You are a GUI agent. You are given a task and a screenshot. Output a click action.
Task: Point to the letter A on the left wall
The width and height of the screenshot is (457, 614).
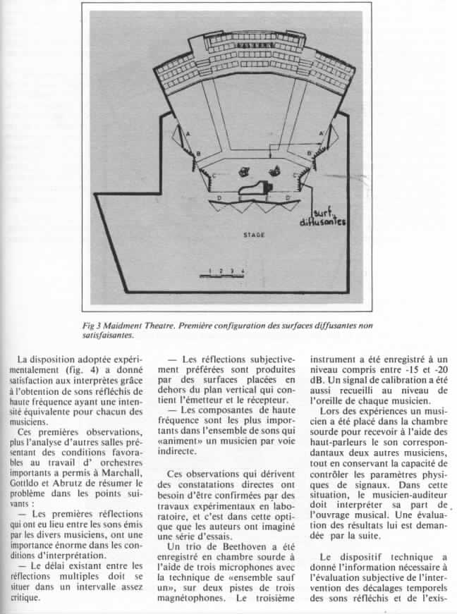(188, 133)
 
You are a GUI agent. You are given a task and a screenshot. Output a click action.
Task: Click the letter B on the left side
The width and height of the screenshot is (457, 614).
(198, 153)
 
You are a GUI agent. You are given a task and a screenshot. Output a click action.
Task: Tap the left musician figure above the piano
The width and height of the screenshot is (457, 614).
(243, 170)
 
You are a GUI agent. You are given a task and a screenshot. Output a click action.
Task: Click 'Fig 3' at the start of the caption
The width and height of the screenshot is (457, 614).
(91, 326)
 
